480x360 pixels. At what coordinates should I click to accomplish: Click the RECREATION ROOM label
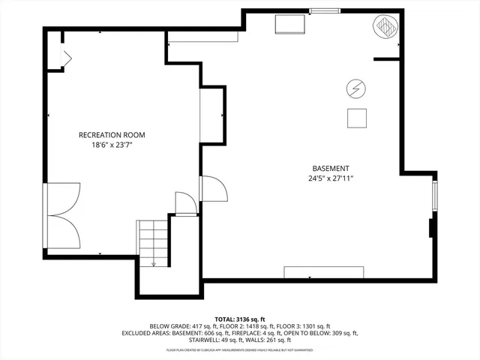coord(112,135)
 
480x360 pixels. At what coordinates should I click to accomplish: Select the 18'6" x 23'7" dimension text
coord(112,145)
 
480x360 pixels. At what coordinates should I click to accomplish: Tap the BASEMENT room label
coord(331,169)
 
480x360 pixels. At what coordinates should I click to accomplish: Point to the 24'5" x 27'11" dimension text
coord(331,179)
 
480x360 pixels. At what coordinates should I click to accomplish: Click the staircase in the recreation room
coord(153,241)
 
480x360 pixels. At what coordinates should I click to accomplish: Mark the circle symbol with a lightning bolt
coord(354,88)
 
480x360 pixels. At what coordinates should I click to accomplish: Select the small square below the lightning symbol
coord(357,118)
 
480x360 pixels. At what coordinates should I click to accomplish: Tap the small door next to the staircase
coord(184,203)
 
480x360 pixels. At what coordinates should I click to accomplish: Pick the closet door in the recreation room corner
coord(64,58)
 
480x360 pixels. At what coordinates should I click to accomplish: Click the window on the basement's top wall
coord(323,10)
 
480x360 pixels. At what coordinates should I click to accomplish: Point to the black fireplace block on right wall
coord(431,227)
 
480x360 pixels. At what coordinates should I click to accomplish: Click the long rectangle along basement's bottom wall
coord(323,271)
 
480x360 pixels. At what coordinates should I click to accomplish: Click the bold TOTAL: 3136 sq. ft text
coord(240,319)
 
